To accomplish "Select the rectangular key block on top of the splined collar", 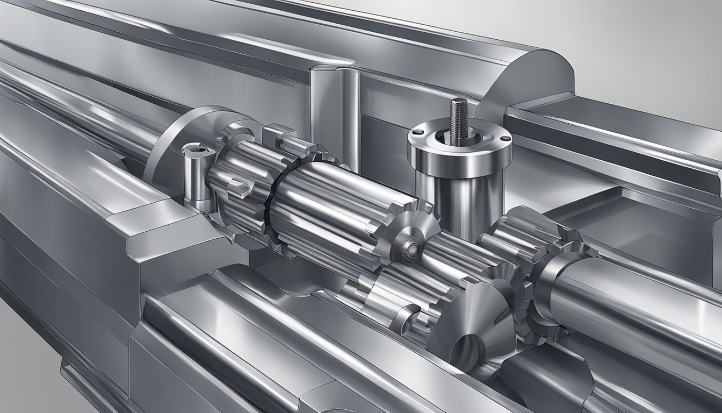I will point(279,134).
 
